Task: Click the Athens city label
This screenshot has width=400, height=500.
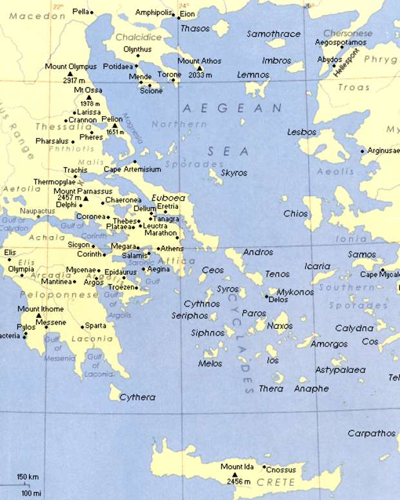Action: pyautogui.click(x=173, y=248)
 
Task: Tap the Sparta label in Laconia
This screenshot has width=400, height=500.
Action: pyautogui.click(x=95, y=326)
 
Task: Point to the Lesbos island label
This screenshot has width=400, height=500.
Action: pyautogui.click(x=302, y=132)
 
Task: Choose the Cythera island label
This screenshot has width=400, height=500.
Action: pyautogui.click(x=137, y=397)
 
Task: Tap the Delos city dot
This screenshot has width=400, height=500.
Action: pyautogui.click(x=267, y=297)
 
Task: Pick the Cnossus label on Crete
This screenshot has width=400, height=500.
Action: pyautogui.click(x=281, y=470)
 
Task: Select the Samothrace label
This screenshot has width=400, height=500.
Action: pyautogui.click(x=274, y=34)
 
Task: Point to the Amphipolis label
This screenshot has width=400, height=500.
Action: pyautogui.click(x=155, y=12)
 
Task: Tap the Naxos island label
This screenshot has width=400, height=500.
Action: pyautogui.click(x=280, y=326)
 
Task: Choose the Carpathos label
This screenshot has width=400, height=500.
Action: pyautogui.click(x=371, y=433)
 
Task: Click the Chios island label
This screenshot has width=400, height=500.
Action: pyautogui.click(x=295, y=214)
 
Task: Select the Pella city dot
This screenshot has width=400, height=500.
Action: pyautogui.click(x=92, y=12)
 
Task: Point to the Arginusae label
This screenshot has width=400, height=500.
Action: pyautogui.click(x=384, y=150)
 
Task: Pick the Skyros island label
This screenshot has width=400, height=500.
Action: pyautogui.click(x=234, y=173)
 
